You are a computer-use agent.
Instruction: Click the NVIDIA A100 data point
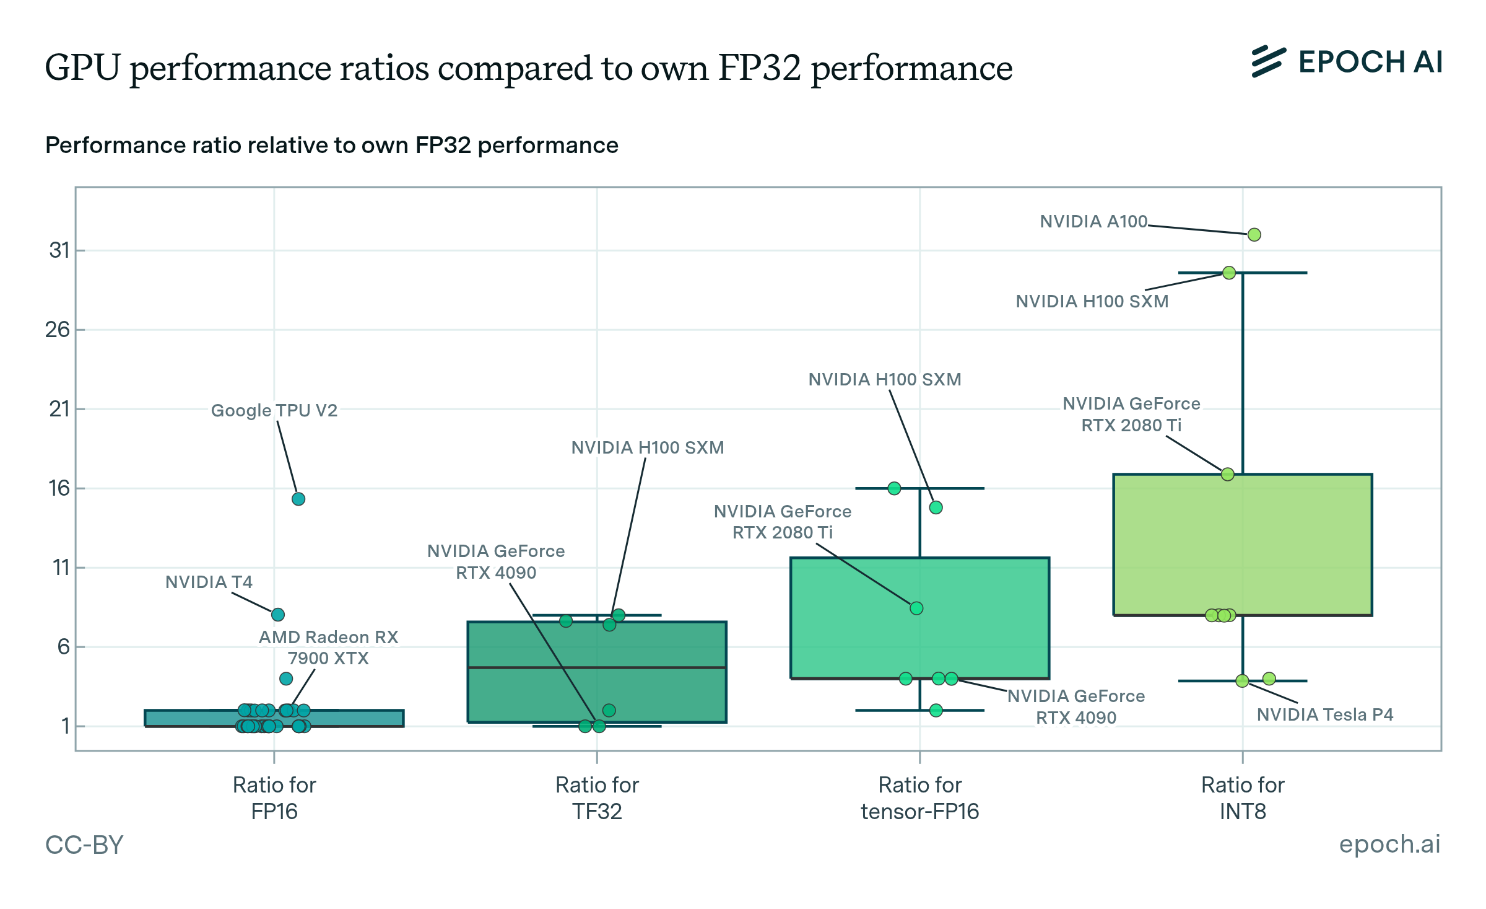click(1254, 235)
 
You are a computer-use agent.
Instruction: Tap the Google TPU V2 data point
click(298, 499)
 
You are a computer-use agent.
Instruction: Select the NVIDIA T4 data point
click(277, 615)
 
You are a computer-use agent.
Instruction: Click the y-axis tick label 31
click(59, 250)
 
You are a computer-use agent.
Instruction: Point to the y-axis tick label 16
click(59, 488)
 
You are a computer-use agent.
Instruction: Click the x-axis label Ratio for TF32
click(597, 798)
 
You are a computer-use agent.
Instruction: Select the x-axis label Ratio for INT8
click(1243, 798)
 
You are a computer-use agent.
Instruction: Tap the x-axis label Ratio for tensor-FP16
click(919, 798)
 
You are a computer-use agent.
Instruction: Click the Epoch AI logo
click(1346, 62)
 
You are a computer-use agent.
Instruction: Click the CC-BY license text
click(84, 845)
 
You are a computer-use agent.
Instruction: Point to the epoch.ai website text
click(1389, 844)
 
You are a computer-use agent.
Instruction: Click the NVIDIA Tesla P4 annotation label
click(1324, 714)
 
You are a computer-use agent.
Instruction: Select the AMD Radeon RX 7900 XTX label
click(328, 648)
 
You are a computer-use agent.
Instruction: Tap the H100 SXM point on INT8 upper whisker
click(1229, 273)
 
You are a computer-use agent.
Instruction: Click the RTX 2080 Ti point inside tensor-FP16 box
click(916, 608)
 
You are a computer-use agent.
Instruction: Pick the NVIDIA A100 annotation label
click(1093, 221)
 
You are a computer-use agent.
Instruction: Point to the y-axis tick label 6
click(63, 647)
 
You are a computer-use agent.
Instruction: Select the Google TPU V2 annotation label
click(274, 410)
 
